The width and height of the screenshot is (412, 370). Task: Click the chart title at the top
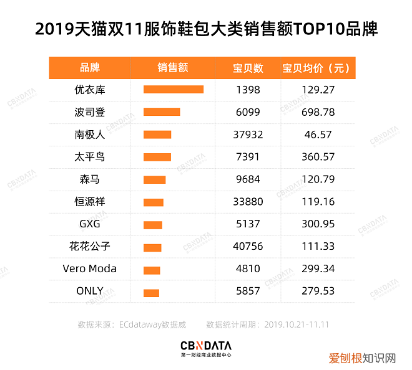[x=206, y=29]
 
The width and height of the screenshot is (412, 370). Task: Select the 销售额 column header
[x=173, y=68]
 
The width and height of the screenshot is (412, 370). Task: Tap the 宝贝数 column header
[x=248, y=68]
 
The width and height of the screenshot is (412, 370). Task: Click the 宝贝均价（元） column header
[x=318, y=68]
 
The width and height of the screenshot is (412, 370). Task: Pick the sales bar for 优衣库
[x=173, y=89]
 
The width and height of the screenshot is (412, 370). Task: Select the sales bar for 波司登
[x=162, y=112]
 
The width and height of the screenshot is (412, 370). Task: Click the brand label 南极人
[x=89, y=134]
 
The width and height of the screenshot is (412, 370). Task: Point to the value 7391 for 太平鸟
[x=248, y=157]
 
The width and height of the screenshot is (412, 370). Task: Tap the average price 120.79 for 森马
[x=318, y=179]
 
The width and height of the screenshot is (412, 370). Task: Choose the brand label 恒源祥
[x=89, y=202]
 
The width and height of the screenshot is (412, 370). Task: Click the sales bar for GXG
[x=152, y=225]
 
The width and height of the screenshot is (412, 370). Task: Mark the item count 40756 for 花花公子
[x=248, y=247]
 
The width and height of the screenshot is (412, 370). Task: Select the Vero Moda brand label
[x=89, y=269]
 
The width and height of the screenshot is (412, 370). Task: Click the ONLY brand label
[x=89, y=291]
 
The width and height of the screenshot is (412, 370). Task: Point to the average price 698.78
[x=318, y=112]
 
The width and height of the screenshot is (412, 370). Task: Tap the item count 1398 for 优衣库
[x=248, y=90]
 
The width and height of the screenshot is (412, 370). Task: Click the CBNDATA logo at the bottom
[x=205, y=347]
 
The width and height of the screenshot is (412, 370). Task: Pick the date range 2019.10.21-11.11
[x=297, y=325]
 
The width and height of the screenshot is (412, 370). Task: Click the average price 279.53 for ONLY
[x=318, y=291]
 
